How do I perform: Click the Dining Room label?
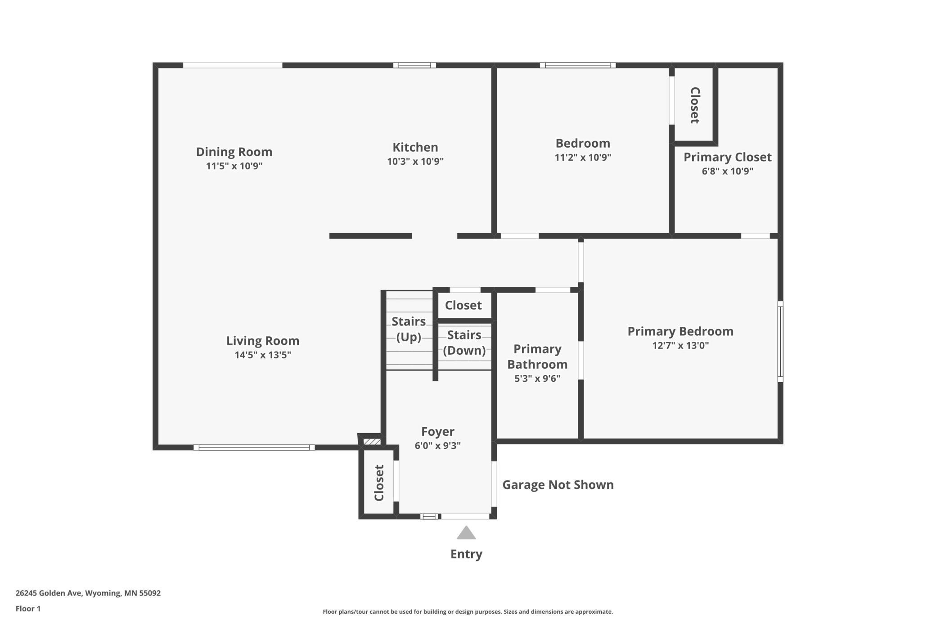(x=234, y=152)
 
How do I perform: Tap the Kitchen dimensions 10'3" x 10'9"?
(x=415, y=161)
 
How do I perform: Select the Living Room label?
(x=263, y=341)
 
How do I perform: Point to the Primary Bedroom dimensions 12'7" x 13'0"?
(x=680, y=345)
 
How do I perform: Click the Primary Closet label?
(x=728, y=157)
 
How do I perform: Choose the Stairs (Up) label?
(x=409, y=329)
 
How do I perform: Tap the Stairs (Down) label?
(x=464, y=343)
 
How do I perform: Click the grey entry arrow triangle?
(x=466, y=533)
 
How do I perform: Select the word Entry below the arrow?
(x=466, y=554)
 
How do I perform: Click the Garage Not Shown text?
(x=558, y=484)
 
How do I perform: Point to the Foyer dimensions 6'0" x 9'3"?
(x=438, y=445)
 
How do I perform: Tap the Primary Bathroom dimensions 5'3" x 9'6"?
(x=537, y=378)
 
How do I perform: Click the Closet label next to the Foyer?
(x=379, y=483)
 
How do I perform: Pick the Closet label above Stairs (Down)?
(x=463, y=305)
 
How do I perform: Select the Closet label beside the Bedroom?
(x=695, y=105)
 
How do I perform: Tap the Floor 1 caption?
(x=28, y=609)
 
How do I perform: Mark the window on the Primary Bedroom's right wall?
(x=781, y=342)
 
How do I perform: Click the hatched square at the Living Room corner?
(x=372, y=442)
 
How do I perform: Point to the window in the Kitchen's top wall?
(x=414, y=65)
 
